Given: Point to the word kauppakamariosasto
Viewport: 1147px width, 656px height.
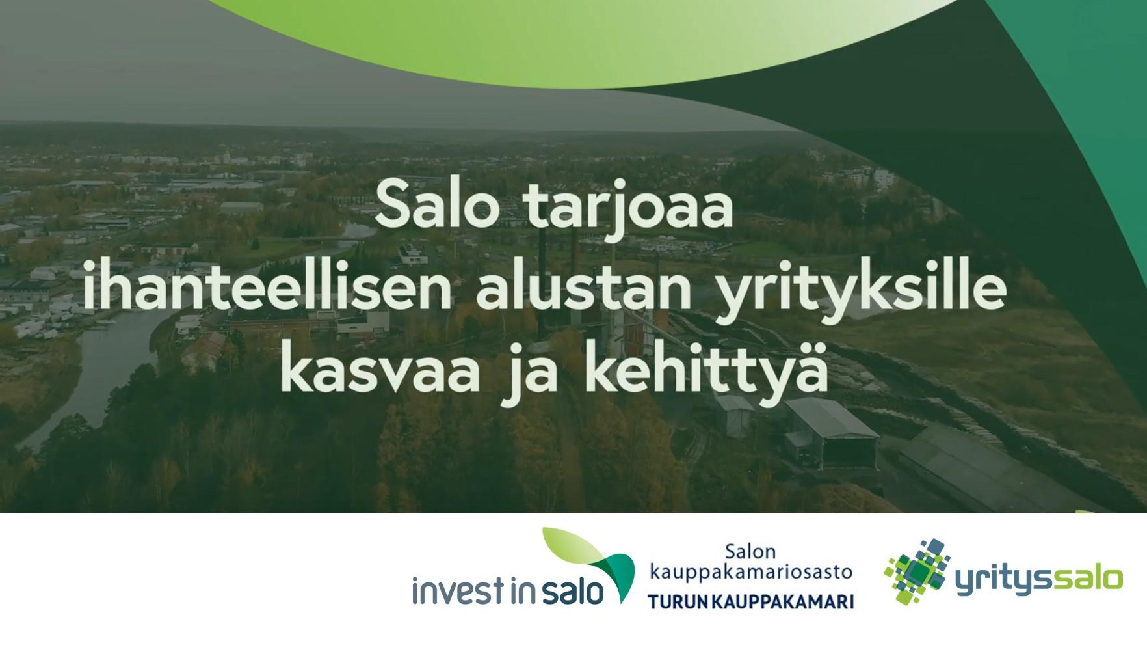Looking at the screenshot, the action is (751, 573).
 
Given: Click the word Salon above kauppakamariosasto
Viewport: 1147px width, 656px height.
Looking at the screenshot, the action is (750, 552).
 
